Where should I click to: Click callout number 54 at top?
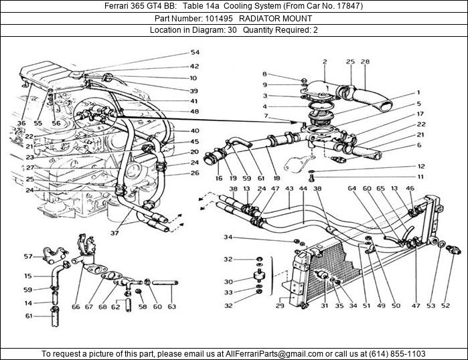click(195, 52)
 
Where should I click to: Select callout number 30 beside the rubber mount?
click(228, 282)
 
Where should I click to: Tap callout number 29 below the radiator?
click(280, 306)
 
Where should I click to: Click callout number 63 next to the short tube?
click(172, 307)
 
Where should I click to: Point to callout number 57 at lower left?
click(28, 256)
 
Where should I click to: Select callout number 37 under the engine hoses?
click(114, 233)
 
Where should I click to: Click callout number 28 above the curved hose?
click(365, 62)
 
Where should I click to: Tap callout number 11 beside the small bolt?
click(420, 177)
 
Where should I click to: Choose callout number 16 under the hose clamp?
click(218, 179)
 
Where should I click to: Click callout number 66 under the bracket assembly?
click(76, 307)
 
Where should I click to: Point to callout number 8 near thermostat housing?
click(264, 74)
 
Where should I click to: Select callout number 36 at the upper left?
click(21, 123)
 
